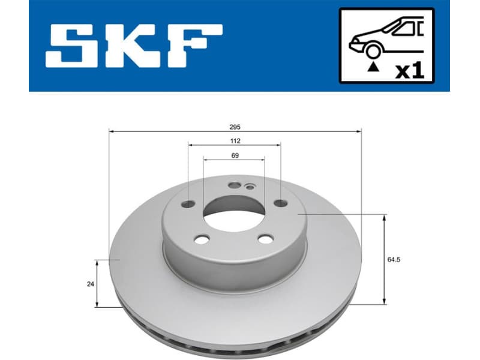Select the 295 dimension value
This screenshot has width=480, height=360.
[x=235, y=127]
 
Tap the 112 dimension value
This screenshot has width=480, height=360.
[x=235, y=141]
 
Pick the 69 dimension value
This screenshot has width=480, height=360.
[x=235, y=156]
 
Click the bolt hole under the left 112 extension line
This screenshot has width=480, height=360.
[x=188, y=204]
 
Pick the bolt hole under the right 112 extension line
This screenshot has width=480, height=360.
[x=280, y=203]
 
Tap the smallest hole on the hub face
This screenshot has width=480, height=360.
[x=248, y=187]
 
